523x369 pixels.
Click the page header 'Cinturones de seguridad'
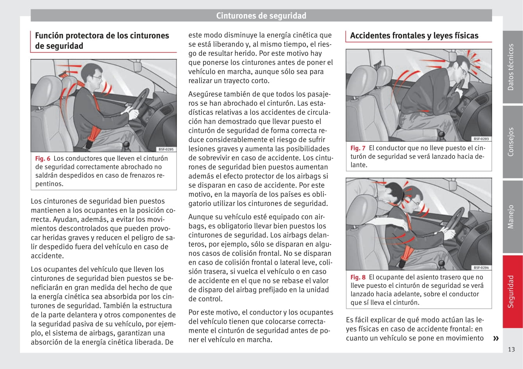tap(261, 16)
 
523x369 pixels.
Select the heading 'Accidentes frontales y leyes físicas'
tap(414, 36)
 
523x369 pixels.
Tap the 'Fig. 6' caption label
tap(43, 159)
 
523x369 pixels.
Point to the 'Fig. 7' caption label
tap(358, 148)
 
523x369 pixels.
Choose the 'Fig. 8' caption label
tap(358, 277)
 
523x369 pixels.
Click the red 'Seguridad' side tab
tap(511, 291)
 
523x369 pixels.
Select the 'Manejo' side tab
tap(511, 216)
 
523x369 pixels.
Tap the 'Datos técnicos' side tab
tap(511, 67)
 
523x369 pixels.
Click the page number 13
tap(511, 349)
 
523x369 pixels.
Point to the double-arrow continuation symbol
tap(496, 338)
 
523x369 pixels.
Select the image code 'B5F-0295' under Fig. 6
tap(167, 149)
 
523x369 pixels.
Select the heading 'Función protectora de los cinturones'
tap(102, 36)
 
